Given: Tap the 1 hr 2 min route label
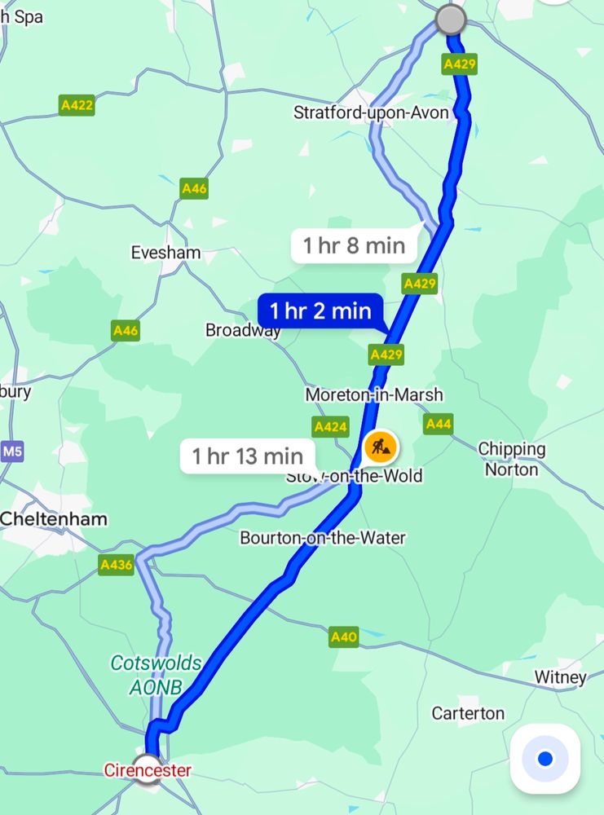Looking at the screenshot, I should pos(320,311).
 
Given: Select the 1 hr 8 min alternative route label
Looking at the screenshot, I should pos(354,245).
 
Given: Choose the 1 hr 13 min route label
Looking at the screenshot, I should pos(248,456).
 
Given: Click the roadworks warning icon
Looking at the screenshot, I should pos(380,446).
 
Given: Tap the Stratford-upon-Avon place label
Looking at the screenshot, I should pos(371,112).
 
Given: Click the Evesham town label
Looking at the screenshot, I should pos(165,253).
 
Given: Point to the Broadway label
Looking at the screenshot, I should pos(243,330).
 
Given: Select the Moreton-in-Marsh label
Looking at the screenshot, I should pos(374,394).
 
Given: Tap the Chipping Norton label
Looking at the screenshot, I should pos(512,459).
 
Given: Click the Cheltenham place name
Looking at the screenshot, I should pos(54,518).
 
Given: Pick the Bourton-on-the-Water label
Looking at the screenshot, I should pos(322,538).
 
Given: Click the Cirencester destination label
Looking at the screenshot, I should pos(147,770).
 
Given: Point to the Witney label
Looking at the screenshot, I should pos(560,677).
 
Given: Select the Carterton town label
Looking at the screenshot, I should pos(468,713).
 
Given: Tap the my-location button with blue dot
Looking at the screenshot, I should pos(544,759).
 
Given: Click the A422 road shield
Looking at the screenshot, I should pos(77,105).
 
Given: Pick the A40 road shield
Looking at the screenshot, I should pos(344,637).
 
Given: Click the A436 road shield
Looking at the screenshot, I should pos(116,565).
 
